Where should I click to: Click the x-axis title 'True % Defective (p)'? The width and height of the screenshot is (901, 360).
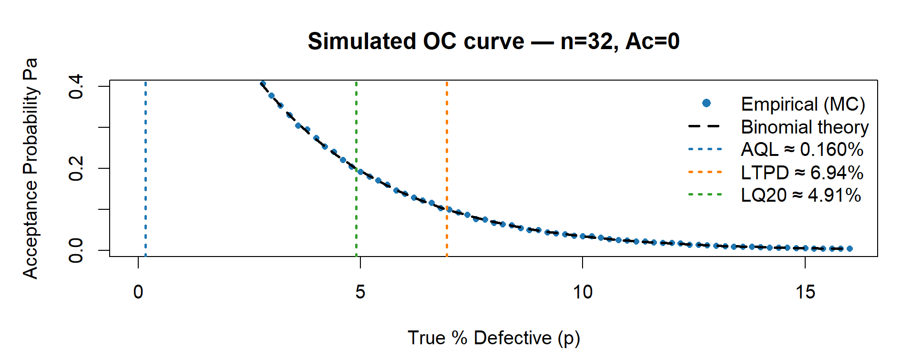pos(493,338)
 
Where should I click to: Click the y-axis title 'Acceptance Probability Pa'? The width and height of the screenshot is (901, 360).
pos(30,168)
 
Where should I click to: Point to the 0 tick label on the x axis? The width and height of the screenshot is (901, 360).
pos(138,292)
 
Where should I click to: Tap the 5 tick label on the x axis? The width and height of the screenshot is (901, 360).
pos(360,292)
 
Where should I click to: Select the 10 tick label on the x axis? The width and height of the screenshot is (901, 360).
pos(583,292)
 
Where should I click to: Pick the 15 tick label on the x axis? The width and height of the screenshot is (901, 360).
pos(805,292)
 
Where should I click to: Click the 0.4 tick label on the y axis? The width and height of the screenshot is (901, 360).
pos(76,86)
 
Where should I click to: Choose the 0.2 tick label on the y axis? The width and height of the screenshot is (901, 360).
pos(76,168)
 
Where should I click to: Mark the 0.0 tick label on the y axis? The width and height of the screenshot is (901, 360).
pos(76,250)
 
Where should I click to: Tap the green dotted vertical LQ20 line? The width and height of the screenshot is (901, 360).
pos(357,215)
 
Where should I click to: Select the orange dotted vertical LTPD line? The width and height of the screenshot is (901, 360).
pos(447,143)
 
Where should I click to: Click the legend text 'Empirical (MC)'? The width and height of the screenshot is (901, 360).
pos(803,104)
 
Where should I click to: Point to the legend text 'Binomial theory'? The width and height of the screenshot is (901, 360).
pos(805,127)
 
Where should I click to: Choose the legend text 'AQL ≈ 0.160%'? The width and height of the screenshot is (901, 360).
pos(802,150)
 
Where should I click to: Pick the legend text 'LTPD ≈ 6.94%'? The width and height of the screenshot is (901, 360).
pos(802,173)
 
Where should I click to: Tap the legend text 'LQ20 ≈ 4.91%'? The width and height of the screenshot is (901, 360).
pos(801,195)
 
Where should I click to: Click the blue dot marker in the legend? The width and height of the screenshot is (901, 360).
pos(706,103)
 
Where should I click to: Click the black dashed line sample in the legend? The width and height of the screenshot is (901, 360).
pos(705,127)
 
